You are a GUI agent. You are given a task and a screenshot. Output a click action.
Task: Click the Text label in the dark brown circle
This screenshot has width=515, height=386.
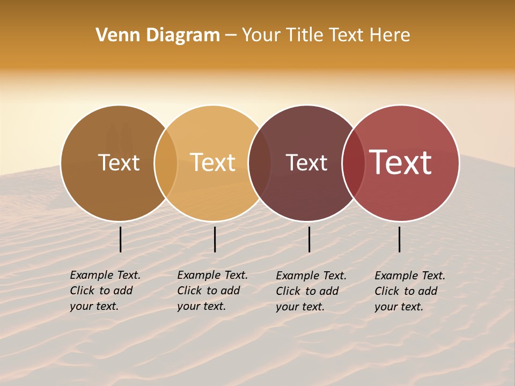tap(119, 162)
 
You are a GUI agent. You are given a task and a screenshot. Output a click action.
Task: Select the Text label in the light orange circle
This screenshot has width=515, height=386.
tap(213, 162)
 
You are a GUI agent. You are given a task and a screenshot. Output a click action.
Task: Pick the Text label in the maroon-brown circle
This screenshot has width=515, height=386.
tap(306, 162)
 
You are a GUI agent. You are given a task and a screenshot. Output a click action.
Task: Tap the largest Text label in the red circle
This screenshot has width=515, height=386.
tap(400, 162)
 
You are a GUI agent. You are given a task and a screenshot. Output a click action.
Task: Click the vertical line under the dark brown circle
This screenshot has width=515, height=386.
tap(121, 239)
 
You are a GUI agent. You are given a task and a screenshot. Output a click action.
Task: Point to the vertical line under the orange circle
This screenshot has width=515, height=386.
tap(215, 239)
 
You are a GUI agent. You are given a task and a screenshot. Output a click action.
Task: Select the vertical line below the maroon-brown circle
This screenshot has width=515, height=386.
tap(310, 239)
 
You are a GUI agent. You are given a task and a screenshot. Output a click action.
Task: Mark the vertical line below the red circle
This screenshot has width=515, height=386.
tap(400, 239)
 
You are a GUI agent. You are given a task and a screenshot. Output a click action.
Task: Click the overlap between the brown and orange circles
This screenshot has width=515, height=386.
tap(166, 162)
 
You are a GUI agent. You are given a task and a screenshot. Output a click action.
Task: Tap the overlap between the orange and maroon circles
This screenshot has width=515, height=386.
tap(260, 162)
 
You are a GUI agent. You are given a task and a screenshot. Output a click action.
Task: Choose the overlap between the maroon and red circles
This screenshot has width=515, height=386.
tap(354, 162)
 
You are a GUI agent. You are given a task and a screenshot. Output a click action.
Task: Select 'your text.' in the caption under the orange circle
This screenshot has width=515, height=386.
tap(201, 307)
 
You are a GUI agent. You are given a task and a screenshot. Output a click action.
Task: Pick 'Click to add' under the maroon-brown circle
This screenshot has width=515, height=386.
tap(307, 291)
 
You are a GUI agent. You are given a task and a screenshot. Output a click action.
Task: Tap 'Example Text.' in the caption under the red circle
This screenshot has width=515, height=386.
tap(410, 276)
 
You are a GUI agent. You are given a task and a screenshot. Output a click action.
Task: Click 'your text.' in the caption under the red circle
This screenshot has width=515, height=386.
tap(399, 307)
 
